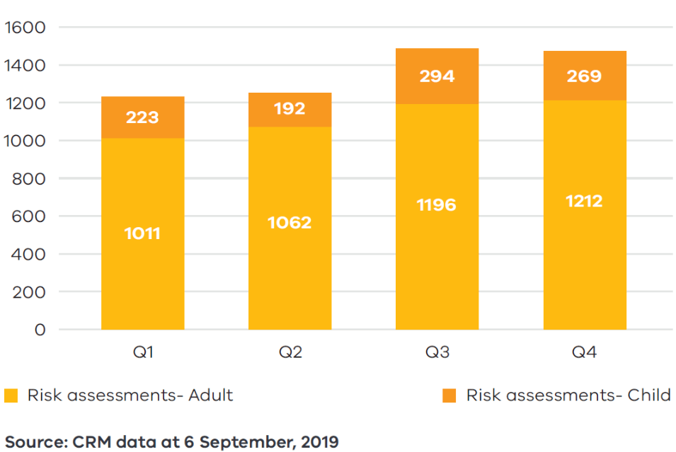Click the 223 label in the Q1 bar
coord(142,117)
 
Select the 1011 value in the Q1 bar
coord(142,233)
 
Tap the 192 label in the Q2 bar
coord(290,108)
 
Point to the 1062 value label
coord(290,223)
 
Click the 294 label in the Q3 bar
coord(437,76)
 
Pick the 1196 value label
coord(437,205)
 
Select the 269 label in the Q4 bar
coord(584,76)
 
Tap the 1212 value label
coord(584,202)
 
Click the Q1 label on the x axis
coord(142,352)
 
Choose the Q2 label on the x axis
coord(290,352)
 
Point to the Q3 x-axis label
coord(437,352)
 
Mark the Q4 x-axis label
coord(584,352)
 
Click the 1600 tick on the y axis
coord(25,28)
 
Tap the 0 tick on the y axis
coord(40,330)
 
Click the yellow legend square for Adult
coord(11,395)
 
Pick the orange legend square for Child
coord(449,395)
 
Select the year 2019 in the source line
coord(319,443)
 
